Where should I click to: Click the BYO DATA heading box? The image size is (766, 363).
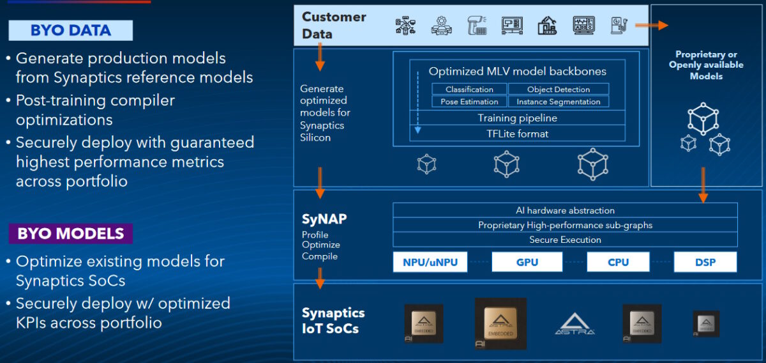[71, 30]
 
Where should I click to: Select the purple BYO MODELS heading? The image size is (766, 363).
[71, 233]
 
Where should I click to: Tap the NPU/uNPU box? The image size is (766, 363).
[430, 262]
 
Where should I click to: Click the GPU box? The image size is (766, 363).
[527, 262]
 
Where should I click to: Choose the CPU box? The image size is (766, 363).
[618, 262]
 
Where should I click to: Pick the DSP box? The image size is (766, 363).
[705, 262]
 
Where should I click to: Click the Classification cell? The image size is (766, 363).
[469, 89]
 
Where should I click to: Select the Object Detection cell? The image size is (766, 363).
[559, 89]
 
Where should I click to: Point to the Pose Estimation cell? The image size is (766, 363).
[469, 102]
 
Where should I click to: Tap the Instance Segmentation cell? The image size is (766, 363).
[559, 102]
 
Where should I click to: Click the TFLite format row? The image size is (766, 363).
[517, 134]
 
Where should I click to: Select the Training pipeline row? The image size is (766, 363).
[517, 118]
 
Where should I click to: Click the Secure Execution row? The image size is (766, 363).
[565, 240]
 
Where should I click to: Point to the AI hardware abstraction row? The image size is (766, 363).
[565, 210]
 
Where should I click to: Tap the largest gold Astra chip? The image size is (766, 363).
[500, 323]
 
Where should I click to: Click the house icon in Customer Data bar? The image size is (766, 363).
[547, 26]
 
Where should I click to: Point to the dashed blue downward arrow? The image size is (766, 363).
[418, 102]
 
